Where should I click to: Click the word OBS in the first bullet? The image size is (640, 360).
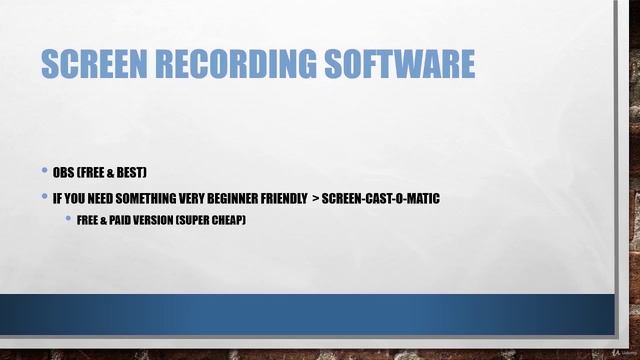pyautogui.click(x=63, y=173)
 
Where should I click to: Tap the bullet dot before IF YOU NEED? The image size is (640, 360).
pyautogui.click(x=45, y=198)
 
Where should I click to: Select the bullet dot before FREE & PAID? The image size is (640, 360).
pyautogui.click(x=68, y=219)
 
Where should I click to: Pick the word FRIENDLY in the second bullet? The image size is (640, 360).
pyautogui.click(x=282, y=198)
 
